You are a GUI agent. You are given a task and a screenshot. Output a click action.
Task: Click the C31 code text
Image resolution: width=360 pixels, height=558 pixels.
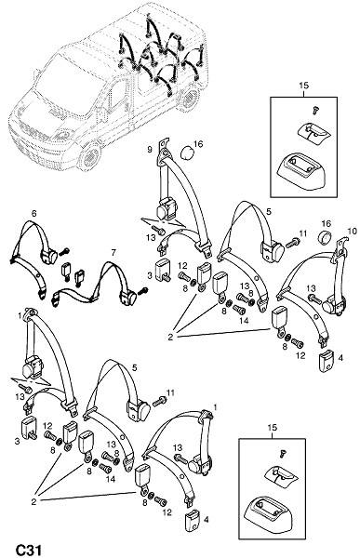pyautogui.click(x=28, y=550)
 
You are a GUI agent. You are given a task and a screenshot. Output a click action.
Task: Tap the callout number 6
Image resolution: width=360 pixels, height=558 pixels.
pyautogui.click(x=34, y=214)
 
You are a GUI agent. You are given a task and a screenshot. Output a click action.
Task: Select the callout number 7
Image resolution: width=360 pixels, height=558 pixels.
pyautogui.click(x=113, y=253)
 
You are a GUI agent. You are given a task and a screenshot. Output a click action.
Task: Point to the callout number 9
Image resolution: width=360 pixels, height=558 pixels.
pyautogui.click(x=150, y=150)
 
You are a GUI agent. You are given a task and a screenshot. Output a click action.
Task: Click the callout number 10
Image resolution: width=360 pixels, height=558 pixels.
pyautogui.click(x=352, y=232)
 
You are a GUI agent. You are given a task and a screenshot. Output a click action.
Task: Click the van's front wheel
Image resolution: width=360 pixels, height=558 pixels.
pyautogui.click(x=90, y=155)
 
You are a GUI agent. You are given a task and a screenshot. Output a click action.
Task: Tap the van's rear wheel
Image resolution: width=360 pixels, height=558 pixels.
pyautogui.click(x=190, y=96)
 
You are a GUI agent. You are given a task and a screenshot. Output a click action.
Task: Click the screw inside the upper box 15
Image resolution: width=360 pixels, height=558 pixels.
pyautogui.click(x=314, y=111)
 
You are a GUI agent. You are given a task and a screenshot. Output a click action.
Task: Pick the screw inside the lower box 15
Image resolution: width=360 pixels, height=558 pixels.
pyautogui.click(x=283, y=454)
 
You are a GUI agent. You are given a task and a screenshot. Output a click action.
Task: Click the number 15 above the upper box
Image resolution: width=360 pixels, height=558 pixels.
pyautogui.click(x=304, y=86)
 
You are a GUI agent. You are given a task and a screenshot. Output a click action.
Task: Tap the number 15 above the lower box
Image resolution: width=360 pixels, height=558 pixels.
pyautogui.click(x=272, y=428)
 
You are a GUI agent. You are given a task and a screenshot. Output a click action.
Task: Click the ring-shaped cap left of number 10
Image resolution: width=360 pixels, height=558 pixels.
pyautogui.click(x=325, y=236)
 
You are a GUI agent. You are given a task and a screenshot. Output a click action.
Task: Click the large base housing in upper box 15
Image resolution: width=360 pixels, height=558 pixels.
pyautogui.click(x=302, y=170)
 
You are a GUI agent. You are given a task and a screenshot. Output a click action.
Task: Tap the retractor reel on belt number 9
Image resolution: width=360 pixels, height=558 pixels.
pyautogui.click(x=166, y=209)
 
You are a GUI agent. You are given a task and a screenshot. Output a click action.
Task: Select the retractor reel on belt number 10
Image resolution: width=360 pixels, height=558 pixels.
pyautogui.click(x=333, y=305)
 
